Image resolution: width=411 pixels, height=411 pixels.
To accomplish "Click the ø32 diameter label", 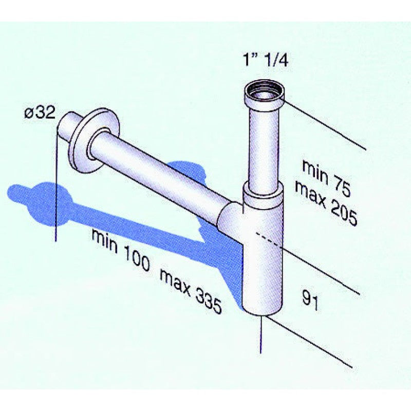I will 40,114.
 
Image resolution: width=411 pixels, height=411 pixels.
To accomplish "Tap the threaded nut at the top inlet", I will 264,93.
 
